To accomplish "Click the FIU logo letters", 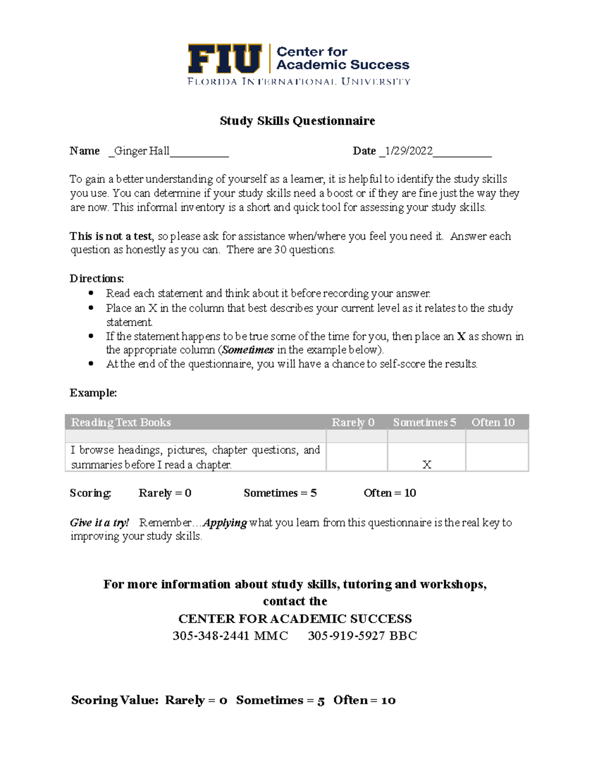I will (x=225, y=59).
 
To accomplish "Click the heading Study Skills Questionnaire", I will (x=297, y=121).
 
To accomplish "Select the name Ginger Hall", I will (x=142, y=151).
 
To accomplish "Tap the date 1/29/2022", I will (x=409, y=151).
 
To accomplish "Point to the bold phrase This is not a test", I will (x=111, y=236).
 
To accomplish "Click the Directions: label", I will (x=96, y=278).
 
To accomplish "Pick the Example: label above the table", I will (x=93, y=393).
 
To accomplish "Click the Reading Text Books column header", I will (x=121, y=422).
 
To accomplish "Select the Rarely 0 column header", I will (x=353, y=422).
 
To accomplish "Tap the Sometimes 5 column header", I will (x=424, y=422).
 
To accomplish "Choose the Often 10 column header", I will (x=493, y=422).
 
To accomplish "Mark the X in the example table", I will (x=427, y=465).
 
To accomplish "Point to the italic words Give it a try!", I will (x=99, y=523).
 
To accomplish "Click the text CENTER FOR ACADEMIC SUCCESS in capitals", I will (x=295, y=619).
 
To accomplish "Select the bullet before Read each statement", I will (x=91, y=293).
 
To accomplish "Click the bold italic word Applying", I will (x=225, y=523).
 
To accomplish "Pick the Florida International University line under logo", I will (x=299, y=81).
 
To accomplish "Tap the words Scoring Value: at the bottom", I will (x=114, y=700).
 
